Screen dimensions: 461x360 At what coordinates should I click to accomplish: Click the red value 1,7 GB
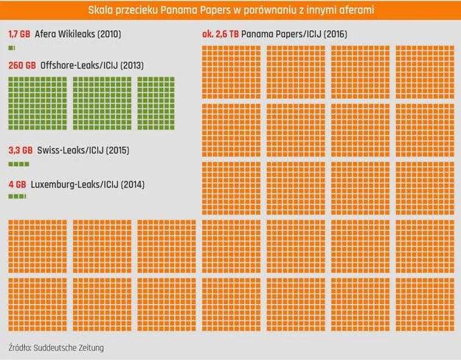[x=19, y=34]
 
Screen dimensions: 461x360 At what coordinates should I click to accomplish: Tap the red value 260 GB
[x=22, y=66]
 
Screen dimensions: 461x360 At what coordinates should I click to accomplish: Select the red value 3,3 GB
[x=21, y=150]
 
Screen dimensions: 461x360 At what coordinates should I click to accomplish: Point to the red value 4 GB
[x=18, y=184]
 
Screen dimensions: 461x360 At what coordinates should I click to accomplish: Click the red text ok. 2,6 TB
[x=221, y=34]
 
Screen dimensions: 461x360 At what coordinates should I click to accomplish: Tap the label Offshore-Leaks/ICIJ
[x=79, y=66]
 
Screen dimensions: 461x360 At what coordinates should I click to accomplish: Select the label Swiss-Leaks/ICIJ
[x=70, y=150]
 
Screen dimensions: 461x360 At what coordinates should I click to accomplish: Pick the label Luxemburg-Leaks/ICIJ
[x=74, y=184]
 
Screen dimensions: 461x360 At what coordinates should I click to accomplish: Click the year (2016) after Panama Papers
[x=335, y=34]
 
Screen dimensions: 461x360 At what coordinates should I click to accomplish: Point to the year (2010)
[x=109, y=34]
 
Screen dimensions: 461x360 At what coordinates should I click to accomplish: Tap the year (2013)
[x=132, y=66]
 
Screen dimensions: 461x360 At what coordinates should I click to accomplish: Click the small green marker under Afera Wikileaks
[x=12, y=48]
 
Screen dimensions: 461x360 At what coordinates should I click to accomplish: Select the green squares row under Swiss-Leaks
[x=19, y=164]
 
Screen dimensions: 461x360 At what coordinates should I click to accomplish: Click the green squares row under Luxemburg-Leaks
[x=18, y=196]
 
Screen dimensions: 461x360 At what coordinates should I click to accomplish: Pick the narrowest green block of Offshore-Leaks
[x=156, y=103]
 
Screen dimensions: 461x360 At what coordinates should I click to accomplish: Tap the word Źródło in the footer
[x=20, y=347]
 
